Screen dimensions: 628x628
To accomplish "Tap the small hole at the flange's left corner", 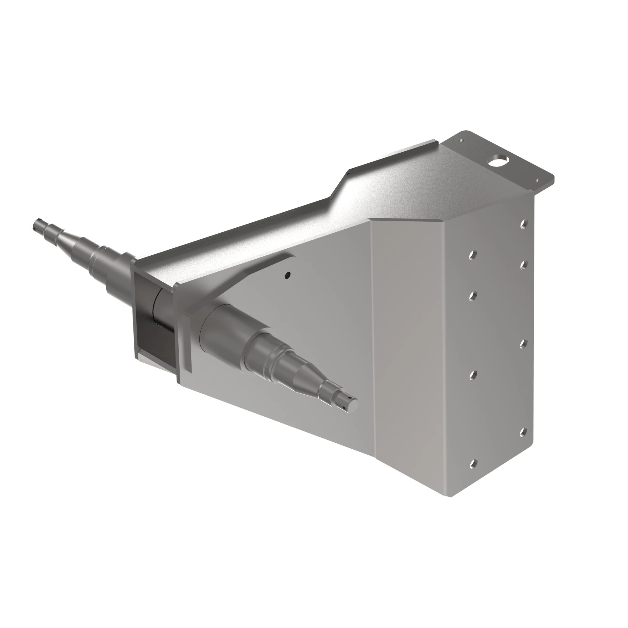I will [x=461, y=140].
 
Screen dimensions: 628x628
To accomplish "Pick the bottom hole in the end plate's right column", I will [x=523, y=432].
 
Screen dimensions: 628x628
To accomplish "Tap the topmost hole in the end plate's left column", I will [x=473, y=255].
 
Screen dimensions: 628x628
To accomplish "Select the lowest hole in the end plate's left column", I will [x=473, y=464].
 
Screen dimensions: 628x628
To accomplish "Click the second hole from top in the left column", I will [x=473, y=296].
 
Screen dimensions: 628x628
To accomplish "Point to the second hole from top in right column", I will [x=523, y=265].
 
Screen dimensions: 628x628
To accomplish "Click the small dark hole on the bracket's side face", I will [x=287, y=276].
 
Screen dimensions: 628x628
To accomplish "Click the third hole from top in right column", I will [x=523, y=344].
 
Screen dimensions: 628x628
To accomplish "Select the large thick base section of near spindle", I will [x=224, y=328].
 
